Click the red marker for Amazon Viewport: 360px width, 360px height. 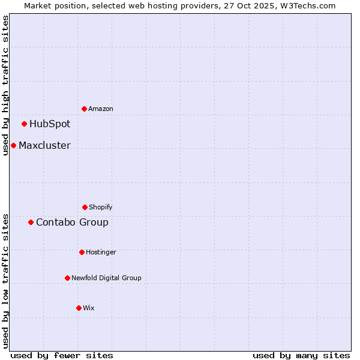84,109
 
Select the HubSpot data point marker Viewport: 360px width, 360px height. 24,124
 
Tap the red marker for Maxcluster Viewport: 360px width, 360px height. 13,145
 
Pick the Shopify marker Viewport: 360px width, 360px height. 85,207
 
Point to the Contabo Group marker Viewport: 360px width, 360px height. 31,222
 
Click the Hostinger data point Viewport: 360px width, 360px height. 82,252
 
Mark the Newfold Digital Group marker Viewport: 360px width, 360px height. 67,278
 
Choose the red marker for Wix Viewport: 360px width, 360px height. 79,308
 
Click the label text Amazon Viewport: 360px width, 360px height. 101,109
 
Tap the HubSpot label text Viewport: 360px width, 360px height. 50,124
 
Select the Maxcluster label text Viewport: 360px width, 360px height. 44,146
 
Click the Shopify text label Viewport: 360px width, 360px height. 101,207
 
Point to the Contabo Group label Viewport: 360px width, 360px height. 72,223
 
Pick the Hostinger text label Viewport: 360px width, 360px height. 101,252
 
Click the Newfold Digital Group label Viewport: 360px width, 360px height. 106,278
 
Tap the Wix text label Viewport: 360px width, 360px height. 89,308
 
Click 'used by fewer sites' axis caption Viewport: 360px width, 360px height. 62,355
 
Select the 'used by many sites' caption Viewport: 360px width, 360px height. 301,355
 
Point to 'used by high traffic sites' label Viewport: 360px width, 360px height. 5,85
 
